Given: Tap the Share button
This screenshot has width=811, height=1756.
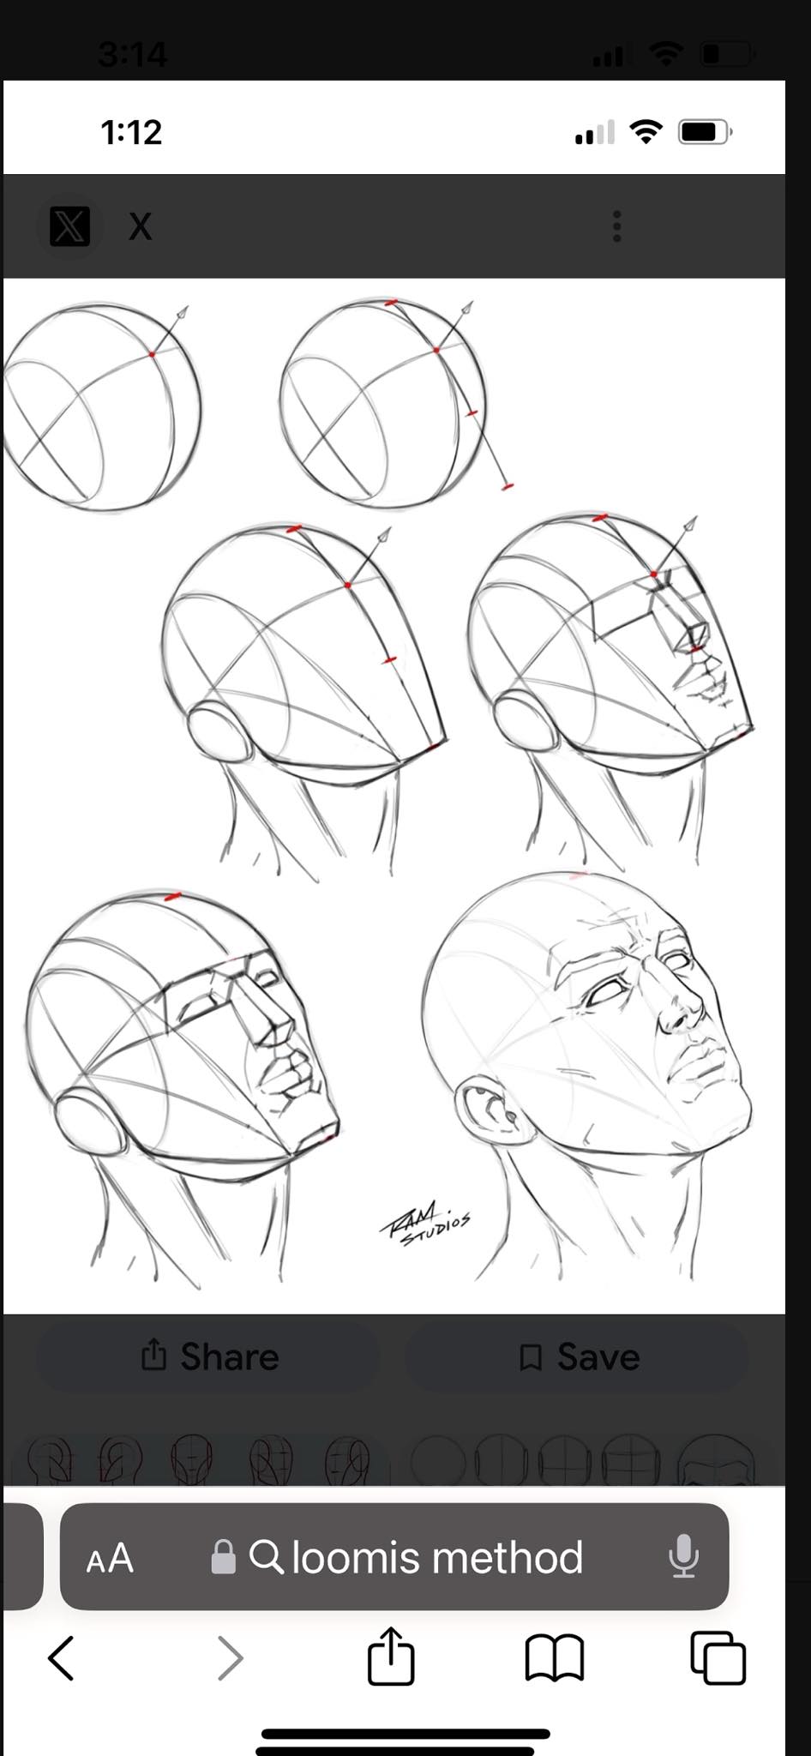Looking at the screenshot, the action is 208,1356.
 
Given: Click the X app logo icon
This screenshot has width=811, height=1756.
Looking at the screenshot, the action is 70,226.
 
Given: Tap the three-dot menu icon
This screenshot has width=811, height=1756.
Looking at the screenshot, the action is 616,226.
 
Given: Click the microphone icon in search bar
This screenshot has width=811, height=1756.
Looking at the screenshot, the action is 683,1556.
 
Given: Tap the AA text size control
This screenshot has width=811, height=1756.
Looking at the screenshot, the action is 110,1558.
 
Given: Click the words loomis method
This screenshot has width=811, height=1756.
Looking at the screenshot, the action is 437,1557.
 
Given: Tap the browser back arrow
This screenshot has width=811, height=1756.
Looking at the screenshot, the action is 60,1657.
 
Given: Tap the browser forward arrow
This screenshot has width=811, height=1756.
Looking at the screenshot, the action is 230,1657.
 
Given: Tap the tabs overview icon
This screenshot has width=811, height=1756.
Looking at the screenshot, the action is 718,1657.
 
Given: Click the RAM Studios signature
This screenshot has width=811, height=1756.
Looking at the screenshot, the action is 425,1221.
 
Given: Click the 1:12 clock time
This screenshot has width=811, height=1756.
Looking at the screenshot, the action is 131,132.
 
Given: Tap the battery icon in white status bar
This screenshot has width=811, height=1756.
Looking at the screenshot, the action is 705,132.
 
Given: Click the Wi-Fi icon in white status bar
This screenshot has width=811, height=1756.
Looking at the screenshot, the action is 646,131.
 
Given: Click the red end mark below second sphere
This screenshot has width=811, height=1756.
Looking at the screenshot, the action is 508,487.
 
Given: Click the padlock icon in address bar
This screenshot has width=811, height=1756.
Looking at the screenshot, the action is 223,1556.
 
